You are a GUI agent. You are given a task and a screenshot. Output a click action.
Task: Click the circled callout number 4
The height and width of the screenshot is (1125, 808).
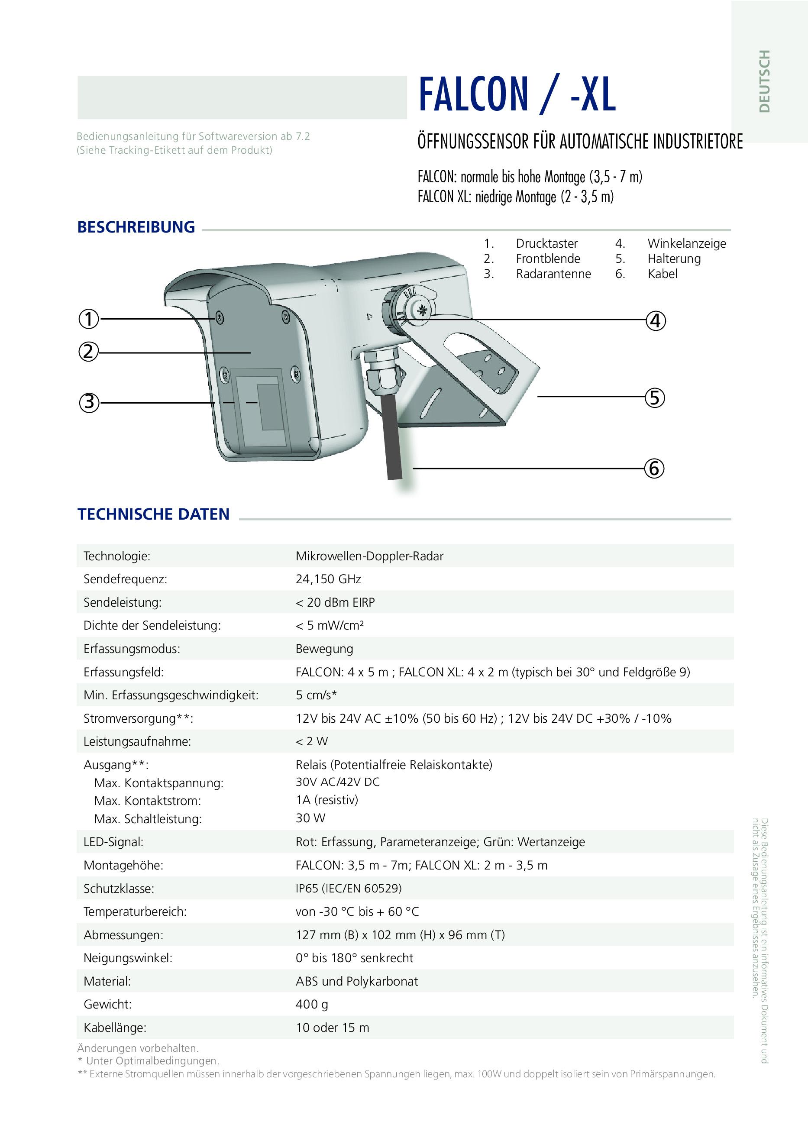[655, 321]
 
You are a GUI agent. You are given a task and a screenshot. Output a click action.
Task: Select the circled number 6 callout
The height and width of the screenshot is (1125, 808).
[654, 468]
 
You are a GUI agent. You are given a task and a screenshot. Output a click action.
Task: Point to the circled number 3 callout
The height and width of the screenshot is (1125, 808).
[89, 402]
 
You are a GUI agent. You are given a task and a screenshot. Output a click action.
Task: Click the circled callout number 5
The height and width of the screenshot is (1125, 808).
[654, 398]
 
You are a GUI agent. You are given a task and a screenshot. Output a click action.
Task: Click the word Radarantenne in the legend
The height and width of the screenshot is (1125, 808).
[553, 274]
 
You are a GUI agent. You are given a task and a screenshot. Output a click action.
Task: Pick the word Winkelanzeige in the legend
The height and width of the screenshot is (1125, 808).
[686, 243]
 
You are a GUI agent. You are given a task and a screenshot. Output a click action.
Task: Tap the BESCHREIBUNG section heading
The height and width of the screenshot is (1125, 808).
[136, 227]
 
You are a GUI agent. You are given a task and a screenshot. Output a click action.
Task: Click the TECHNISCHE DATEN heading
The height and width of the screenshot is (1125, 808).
[153, 514]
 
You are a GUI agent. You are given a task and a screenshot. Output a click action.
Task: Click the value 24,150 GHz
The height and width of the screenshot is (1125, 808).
[328, 579]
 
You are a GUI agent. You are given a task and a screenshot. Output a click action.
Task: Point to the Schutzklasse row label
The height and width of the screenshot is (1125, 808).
[119, 889]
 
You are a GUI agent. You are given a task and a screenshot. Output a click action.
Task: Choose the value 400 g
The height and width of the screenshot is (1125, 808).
[312, 1005]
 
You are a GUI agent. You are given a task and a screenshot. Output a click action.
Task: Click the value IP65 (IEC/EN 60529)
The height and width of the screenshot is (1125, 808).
[349, 889]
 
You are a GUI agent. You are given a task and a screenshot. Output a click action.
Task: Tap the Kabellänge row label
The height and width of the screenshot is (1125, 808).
[115, 1028]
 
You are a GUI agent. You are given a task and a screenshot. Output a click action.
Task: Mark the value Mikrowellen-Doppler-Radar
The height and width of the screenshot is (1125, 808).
[369, 556]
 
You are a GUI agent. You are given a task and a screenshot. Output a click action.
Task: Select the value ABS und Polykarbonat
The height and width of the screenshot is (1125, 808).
[357, 981]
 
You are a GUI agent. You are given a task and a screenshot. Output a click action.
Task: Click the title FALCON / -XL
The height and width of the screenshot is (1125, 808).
[517, 94]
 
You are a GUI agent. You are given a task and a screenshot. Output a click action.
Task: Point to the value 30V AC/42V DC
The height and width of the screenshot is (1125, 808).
[337, 782]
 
